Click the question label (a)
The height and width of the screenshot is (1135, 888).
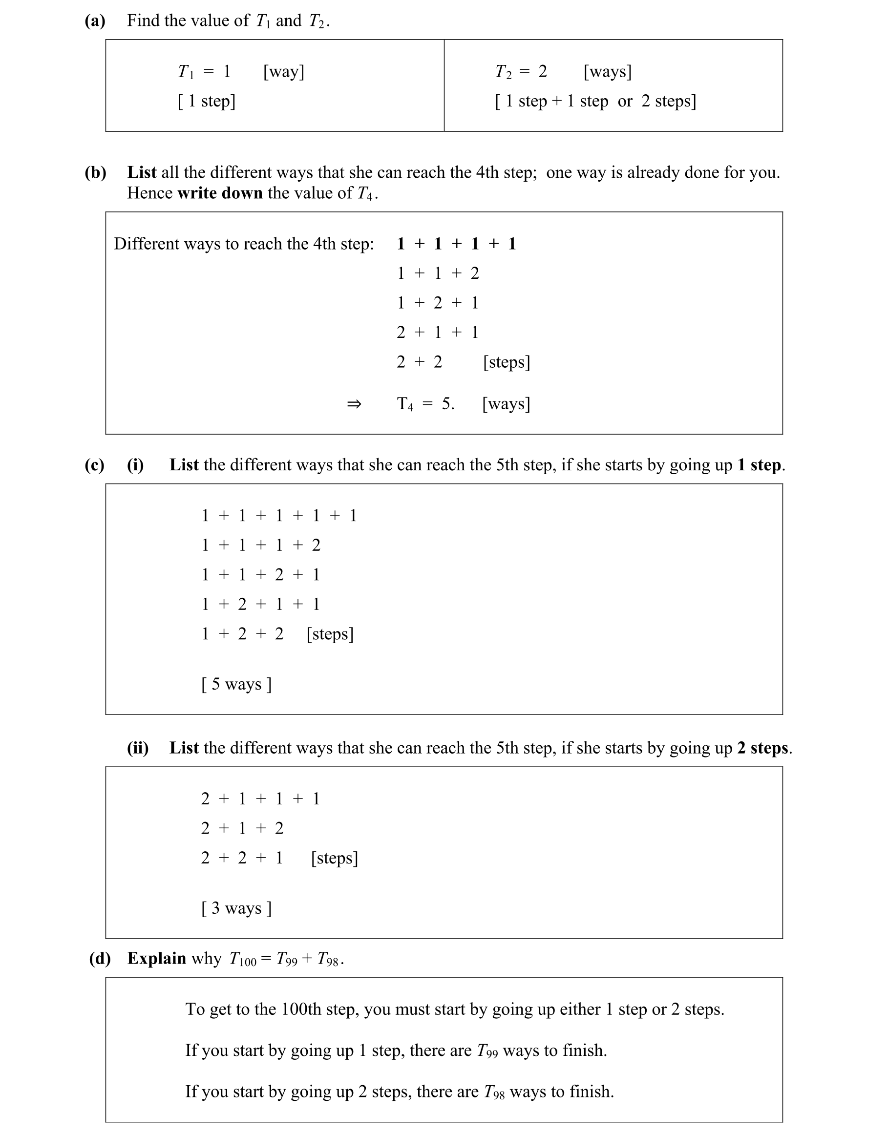coord(95,21)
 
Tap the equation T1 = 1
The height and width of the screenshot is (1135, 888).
coord(204,71)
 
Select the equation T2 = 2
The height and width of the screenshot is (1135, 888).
coord(521,71)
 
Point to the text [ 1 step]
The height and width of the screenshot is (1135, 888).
coord(207,101)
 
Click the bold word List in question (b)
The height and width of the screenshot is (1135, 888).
coord(142,172)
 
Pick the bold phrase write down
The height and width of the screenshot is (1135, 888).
coord(220,193)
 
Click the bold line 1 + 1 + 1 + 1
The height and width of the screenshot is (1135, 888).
coord(456,244)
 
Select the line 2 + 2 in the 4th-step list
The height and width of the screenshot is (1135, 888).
coord(419,362)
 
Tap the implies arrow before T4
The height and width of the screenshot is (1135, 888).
coord(354,404)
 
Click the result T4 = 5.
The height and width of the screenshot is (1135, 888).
coord(425,404)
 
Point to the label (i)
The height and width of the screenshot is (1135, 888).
coord(135,465)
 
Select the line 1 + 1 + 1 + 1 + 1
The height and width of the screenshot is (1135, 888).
coord(279,516)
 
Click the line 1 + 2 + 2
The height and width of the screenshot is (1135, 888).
coord(242,634)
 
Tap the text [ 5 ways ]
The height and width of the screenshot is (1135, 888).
coord(236,684)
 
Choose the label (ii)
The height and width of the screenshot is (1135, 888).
coord(138,748)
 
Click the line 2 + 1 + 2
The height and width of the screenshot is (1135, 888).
coord(242,828)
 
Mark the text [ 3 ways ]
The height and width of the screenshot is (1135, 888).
coord(236,908)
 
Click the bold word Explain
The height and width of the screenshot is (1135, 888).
coord(156,958)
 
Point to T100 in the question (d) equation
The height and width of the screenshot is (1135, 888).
coord(243,959)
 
